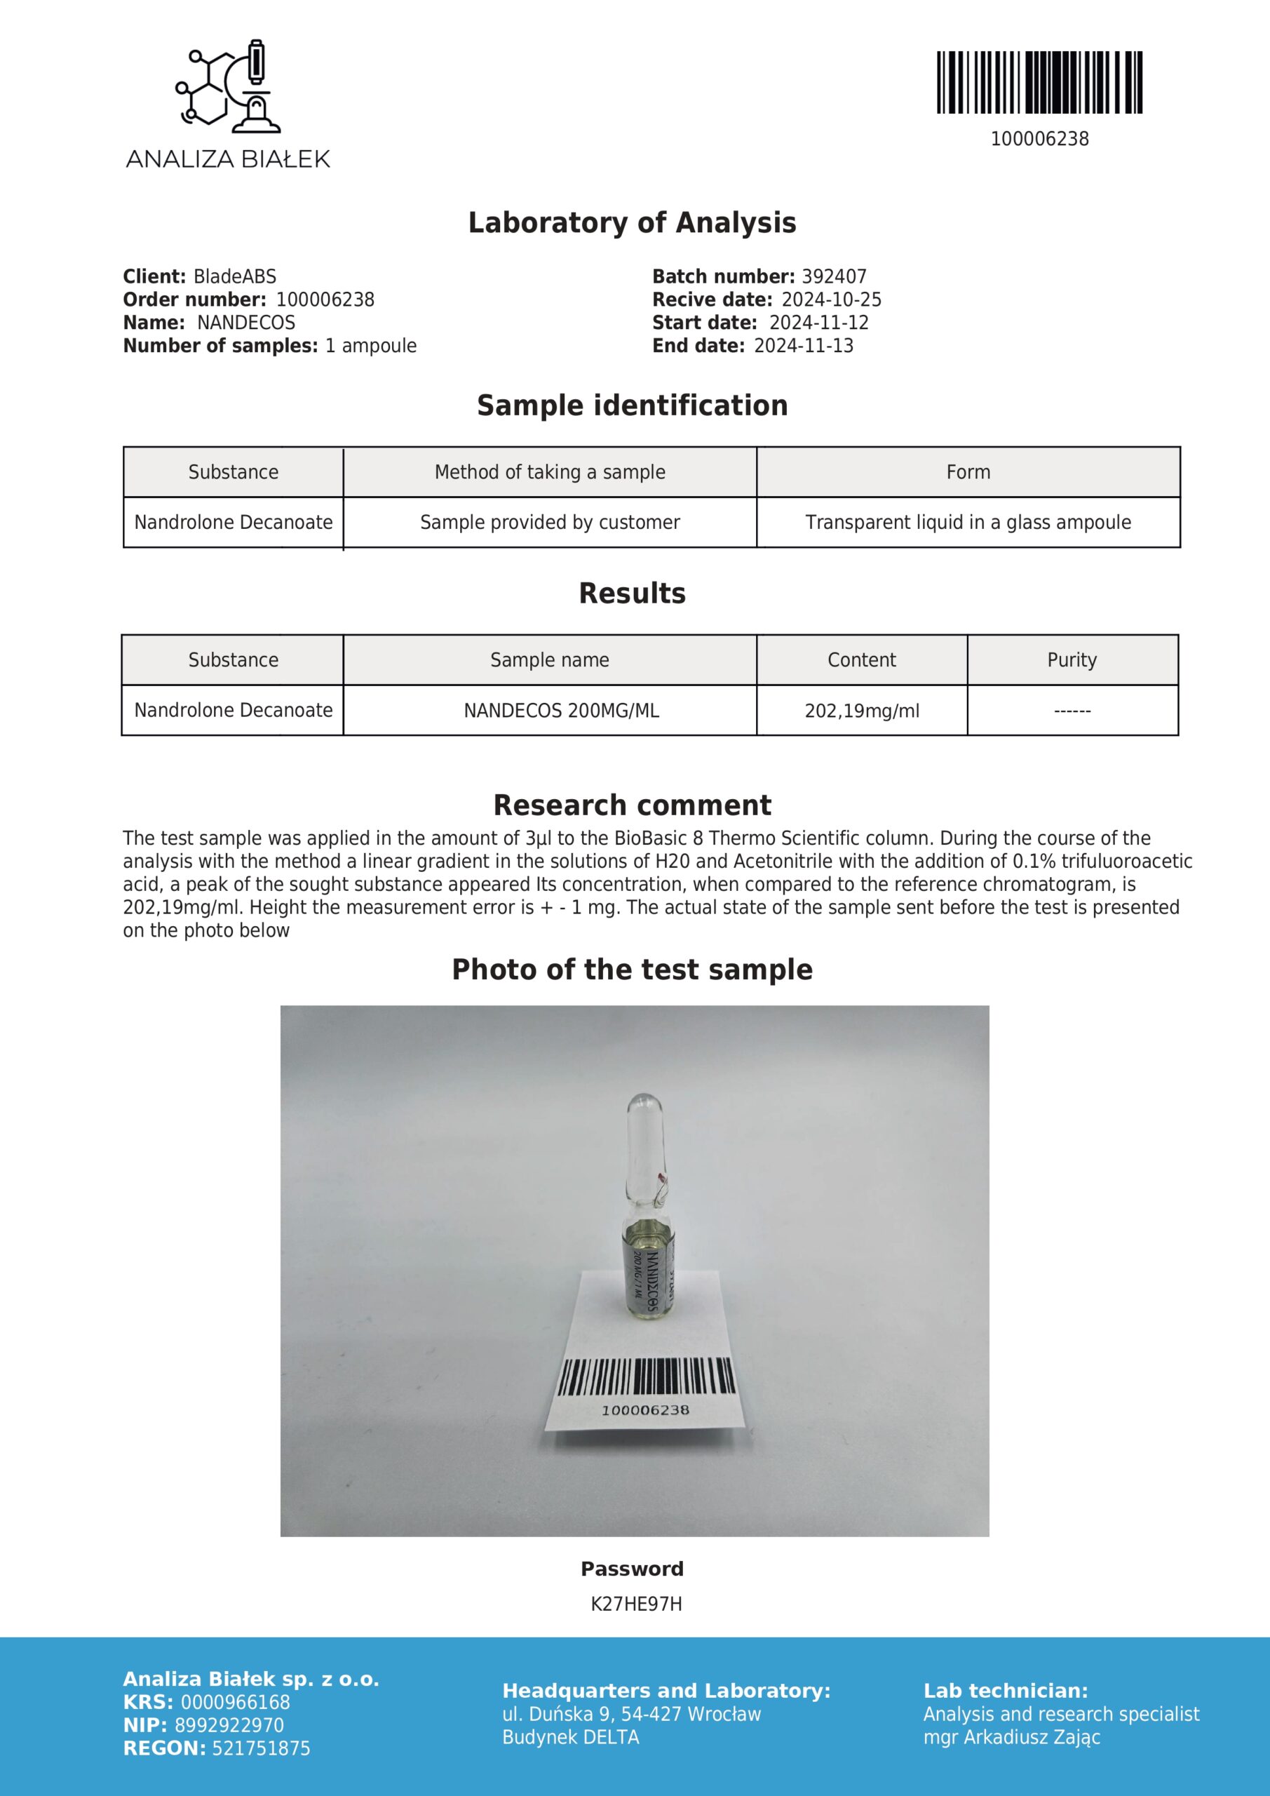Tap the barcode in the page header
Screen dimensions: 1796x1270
(x=1039, y=83)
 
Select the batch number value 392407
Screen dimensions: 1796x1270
(x=834, y=276)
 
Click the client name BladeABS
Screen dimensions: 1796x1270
(x=235, y=276)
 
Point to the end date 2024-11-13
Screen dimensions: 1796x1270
(x=803, y=346)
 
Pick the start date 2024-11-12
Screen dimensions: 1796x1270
(x=819, y=322)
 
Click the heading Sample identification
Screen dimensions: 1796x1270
(x=632, y=406)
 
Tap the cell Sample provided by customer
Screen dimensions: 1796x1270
(x=550, y=522)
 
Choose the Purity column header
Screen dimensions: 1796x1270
(x=1072, y=659)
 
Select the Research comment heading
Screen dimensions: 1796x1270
(x=632, y=805)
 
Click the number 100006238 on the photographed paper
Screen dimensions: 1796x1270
(x=645, y=1409)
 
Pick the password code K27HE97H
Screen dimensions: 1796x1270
(x=636, y=1604)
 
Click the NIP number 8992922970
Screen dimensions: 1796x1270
(x=229, y=1725)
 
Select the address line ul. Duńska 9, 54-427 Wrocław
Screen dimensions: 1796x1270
(x=631, y=1714)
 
